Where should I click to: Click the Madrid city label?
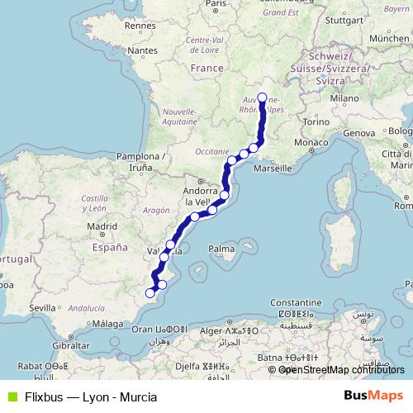tap(103, 225)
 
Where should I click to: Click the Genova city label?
tap(359, 133)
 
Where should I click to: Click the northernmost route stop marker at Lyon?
tap(263, 98)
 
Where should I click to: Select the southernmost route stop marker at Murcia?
tap(150, 292)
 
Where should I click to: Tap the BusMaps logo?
tap(376, 396)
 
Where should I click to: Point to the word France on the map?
tap(206, 68)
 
